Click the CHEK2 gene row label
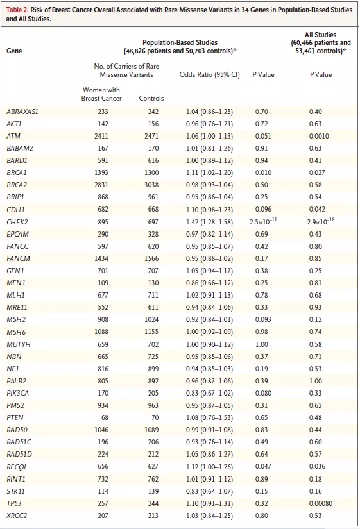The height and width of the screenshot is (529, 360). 17,222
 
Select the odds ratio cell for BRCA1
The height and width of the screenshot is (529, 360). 209,172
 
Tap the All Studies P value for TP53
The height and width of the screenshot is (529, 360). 320,503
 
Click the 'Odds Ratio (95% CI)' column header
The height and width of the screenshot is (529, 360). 209,74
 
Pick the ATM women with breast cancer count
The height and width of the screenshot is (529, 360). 101,137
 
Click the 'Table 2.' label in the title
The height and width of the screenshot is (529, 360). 17,10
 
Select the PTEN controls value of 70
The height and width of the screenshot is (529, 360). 155,417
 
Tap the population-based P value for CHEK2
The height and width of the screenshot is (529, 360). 263,221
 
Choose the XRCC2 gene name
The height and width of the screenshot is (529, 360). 17,516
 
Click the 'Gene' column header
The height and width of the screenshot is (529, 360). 14,51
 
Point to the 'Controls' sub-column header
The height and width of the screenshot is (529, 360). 151,99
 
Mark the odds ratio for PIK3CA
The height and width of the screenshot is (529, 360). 209,393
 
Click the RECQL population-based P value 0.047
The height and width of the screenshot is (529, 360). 263,466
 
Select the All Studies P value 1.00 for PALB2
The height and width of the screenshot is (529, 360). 316,382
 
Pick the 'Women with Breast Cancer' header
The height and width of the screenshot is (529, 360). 101,94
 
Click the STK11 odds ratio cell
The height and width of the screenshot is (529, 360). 209,491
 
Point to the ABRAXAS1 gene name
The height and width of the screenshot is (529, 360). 22,112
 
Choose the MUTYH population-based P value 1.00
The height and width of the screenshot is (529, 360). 262,344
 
